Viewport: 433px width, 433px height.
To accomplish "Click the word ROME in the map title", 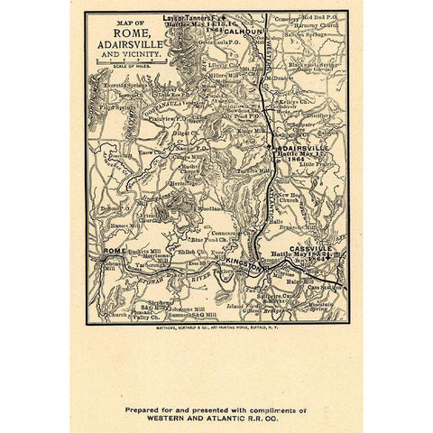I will click(127, 35).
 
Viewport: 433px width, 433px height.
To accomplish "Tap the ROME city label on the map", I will click(115, 250).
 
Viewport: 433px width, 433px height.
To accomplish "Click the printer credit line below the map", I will click(216, 327).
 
